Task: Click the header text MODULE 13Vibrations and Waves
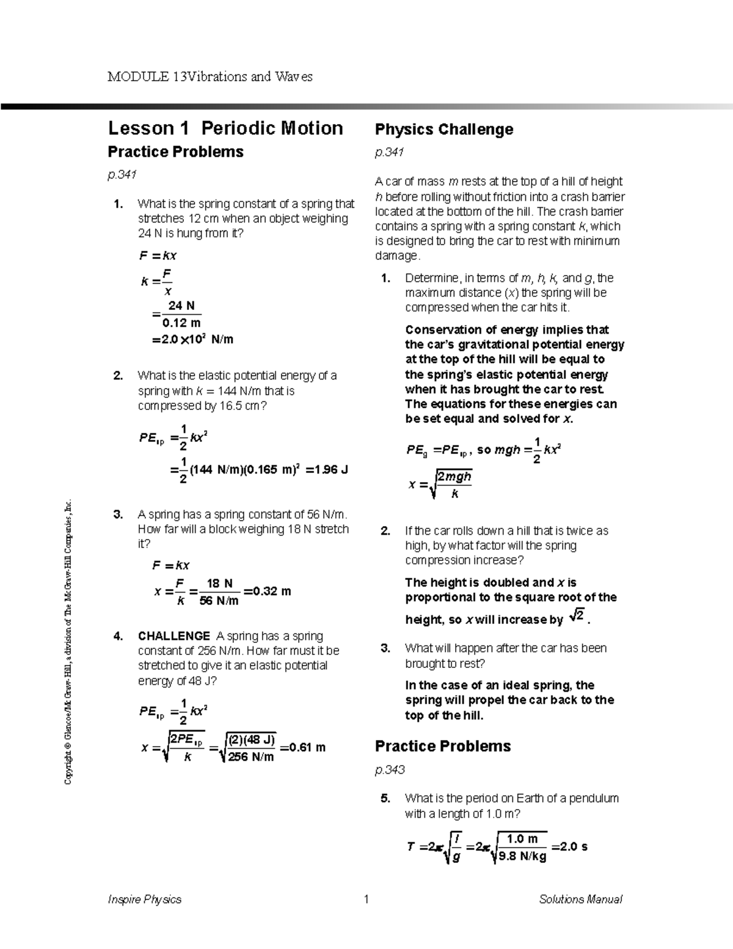click(x=210, y=77)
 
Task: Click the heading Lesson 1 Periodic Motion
click(x=225, y=128)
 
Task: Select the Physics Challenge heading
click(x=443, y=130)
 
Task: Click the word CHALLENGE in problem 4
click(x=173, y=636)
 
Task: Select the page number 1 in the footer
click(x=366, y=899)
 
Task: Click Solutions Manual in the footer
click(x=580, y=899)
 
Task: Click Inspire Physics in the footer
click(x=144, y=899)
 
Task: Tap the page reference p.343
click(x=390, y=769)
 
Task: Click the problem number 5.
click(x=385, y=798)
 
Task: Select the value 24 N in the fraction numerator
click(x=181, y=306)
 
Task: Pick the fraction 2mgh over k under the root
click(x=454, y=485)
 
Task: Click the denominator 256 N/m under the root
click(x=250, y=757)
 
